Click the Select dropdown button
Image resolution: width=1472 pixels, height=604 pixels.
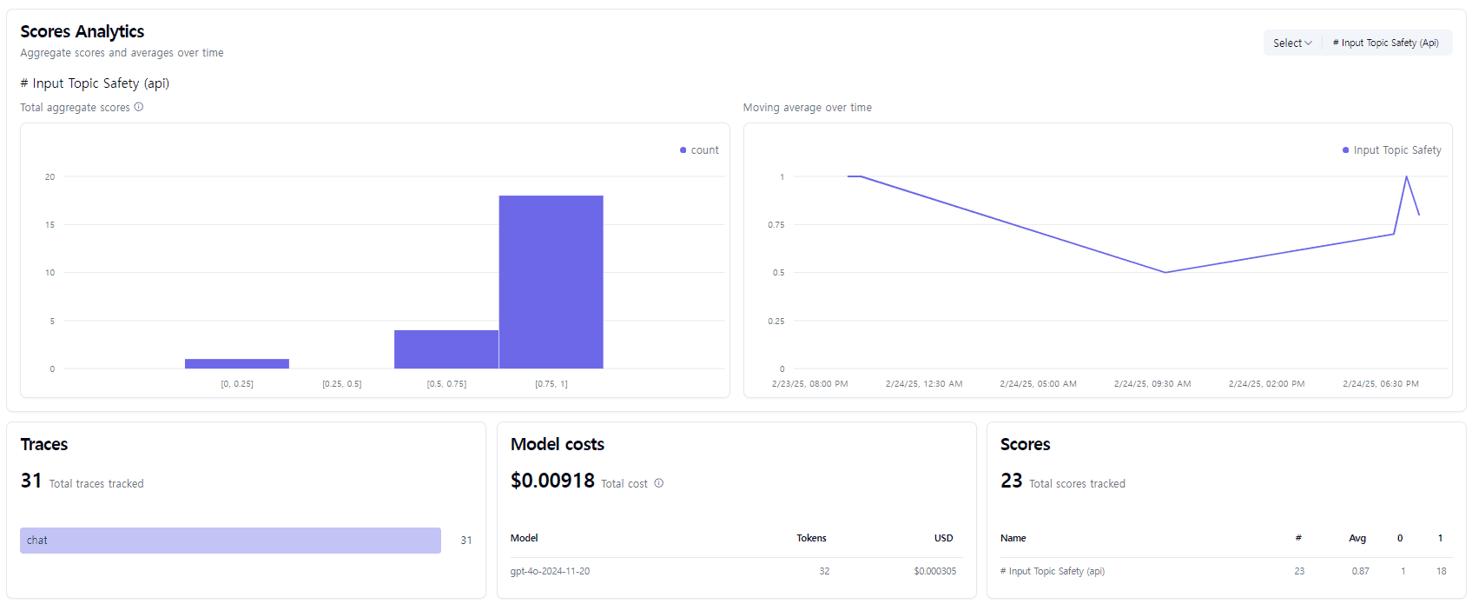point(1292,43)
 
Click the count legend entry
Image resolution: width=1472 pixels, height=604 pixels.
point(700,150)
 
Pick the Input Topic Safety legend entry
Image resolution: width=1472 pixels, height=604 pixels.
point(1392,150)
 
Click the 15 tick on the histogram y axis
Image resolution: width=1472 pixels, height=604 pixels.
point(50,225)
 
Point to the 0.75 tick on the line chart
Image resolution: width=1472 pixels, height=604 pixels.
point(776,225)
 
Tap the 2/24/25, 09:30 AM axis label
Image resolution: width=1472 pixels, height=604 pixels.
point(1152,383)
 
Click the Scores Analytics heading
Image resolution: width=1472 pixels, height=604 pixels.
point(83,31)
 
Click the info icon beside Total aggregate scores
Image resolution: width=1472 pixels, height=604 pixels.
point(139,107)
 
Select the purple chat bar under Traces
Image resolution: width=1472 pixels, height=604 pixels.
point(230,541)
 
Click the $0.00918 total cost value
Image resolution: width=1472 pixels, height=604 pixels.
point(552,481)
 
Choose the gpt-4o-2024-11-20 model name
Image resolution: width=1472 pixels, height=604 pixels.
point(550,571)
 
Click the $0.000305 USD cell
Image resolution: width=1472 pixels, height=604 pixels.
point(934,571)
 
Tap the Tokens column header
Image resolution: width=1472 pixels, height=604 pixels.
point(811,538)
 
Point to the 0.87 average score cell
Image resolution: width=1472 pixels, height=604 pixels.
point(1360,571)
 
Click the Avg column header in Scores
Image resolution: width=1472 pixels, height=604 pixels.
point(1357,538)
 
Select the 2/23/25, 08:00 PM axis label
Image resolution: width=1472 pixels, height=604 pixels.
point(809,383)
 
